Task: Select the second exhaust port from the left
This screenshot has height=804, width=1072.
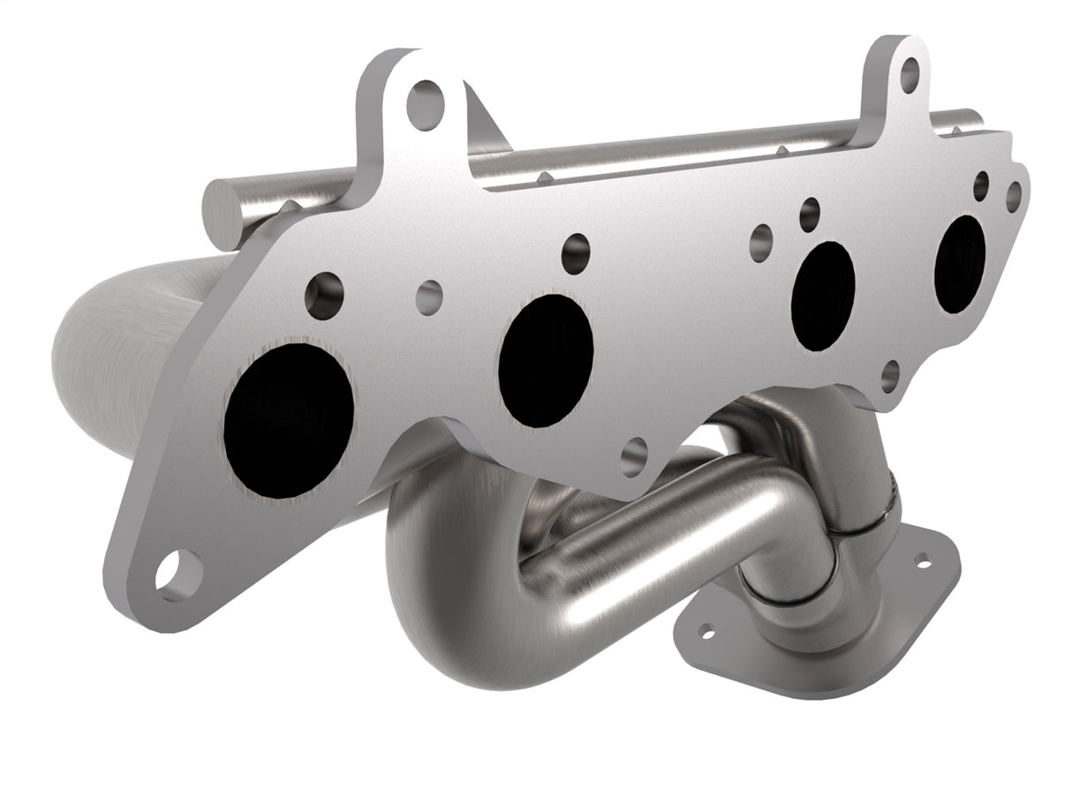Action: [x=546, y=360]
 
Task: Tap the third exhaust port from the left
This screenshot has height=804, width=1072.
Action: [x=823, y=295]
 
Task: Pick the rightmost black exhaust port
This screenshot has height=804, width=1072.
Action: [x=960, y=263]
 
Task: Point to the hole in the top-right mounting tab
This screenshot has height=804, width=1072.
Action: [x=910, y=75]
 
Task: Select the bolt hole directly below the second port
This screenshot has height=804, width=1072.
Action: [x=634, y=457]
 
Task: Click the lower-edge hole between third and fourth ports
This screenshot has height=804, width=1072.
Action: [x=890, y=376]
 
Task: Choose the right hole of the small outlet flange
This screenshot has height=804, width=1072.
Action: [x=924, y=560]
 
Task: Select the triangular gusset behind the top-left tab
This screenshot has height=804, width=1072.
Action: [x=484, y=124]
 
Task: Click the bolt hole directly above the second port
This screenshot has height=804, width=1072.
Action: [x=576, y=253]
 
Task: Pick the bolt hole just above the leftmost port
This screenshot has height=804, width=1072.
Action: [x=324, y=296]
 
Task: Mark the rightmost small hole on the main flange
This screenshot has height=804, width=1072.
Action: [x=1014, y=197]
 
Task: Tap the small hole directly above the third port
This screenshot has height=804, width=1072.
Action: [x=810, y=214]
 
